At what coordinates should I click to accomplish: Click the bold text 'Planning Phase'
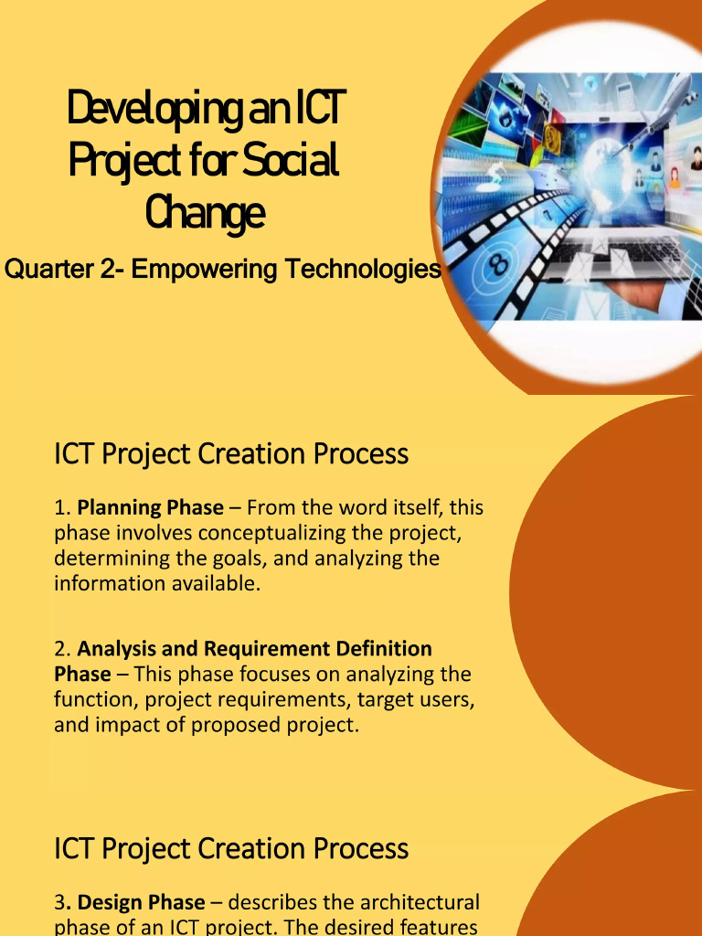click(x=150, y=507)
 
